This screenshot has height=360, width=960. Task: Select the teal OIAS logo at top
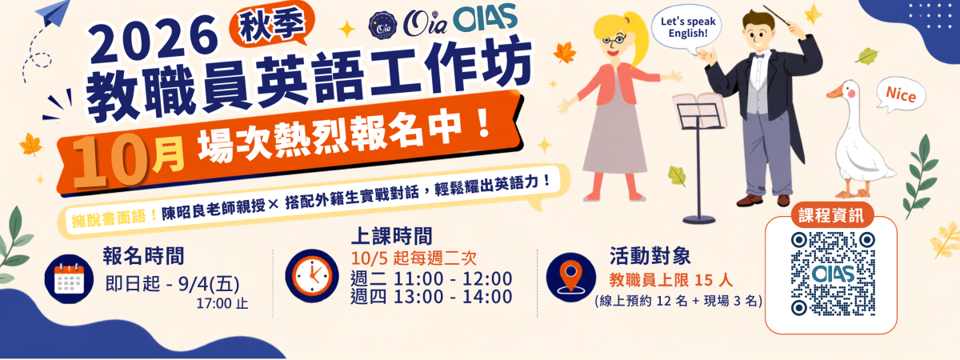click(x=485, y=18)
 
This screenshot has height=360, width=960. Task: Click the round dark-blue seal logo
click(x=382, y=25)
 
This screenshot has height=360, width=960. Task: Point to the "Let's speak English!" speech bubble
click(x=686, y=29)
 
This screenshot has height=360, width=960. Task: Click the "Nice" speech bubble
click(x=900, y=94)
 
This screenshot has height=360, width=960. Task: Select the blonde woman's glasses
click(x=614, y=41)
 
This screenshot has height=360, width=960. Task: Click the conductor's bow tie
click(x=759, y=56)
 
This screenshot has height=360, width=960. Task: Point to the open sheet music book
click(x=699, y=110)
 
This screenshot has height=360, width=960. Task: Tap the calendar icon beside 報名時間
click(x=69, y=279)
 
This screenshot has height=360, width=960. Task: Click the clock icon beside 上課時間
click(x=311, y=275)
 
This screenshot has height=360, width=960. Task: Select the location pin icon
click(x=571, y=277)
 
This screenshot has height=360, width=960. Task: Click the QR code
click(x=833, y=274)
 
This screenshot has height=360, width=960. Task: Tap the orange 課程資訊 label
click(x=831, y=215)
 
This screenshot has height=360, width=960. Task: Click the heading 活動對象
click(x=650, y=256)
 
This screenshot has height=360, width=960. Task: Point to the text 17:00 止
click(x=222, y=303)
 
